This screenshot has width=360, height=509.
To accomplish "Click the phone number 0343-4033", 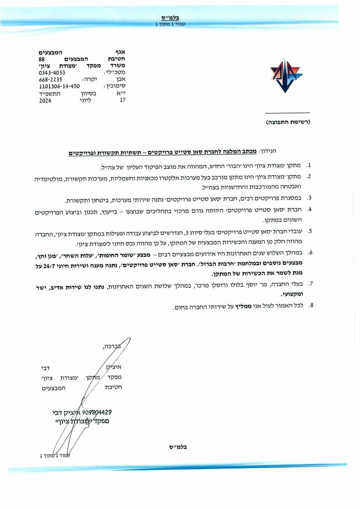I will tap(52, 73).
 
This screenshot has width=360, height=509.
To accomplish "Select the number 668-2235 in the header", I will tap(51, 79).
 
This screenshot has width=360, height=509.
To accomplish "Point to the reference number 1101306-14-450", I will tap(59, 87).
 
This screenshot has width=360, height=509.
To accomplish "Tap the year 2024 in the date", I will tap(45, 101).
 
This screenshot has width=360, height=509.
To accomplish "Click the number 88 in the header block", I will tap(42, 59).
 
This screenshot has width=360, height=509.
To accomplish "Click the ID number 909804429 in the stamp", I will tap(97, 412).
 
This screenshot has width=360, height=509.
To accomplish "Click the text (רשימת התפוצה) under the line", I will tap(288, 122).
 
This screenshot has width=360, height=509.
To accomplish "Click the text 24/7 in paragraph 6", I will tap(47, 266).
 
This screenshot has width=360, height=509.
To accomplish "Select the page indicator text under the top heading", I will tap(170, 24).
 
